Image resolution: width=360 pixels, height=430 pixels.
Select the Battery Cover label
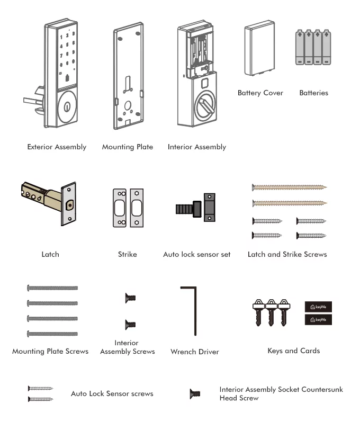[260, 93]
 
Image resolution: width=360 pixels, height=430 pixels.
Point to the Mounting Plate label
[127, 147]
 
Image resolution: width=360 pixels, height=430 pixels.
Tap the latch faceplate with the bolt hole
[68, 204]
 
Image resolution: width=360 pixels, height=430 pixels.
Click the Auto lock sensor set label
[196, 254]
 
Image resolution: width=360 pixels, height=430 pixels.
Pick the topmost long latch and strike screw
[289, 187]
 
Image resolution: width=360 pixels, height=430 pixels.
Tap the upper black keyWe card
[319, 307]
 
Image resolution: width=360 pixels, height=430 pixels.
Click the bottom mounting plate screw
[52, 334]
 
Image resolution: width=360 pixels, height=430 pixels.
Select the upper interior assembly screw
[130, 299]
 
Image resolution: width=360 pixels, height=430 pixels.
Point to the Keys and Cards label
[293, 351]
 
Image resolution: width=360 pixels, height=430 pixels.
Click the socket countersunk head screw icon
[195, 393]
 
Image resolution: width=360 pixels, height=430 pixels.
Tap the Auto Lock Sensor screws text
[112, 393]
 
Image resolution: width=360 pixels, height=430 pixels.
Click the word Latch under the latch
[50, 254]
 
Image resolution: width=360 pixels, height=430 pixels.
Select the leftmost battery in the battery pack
[300, 48]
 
